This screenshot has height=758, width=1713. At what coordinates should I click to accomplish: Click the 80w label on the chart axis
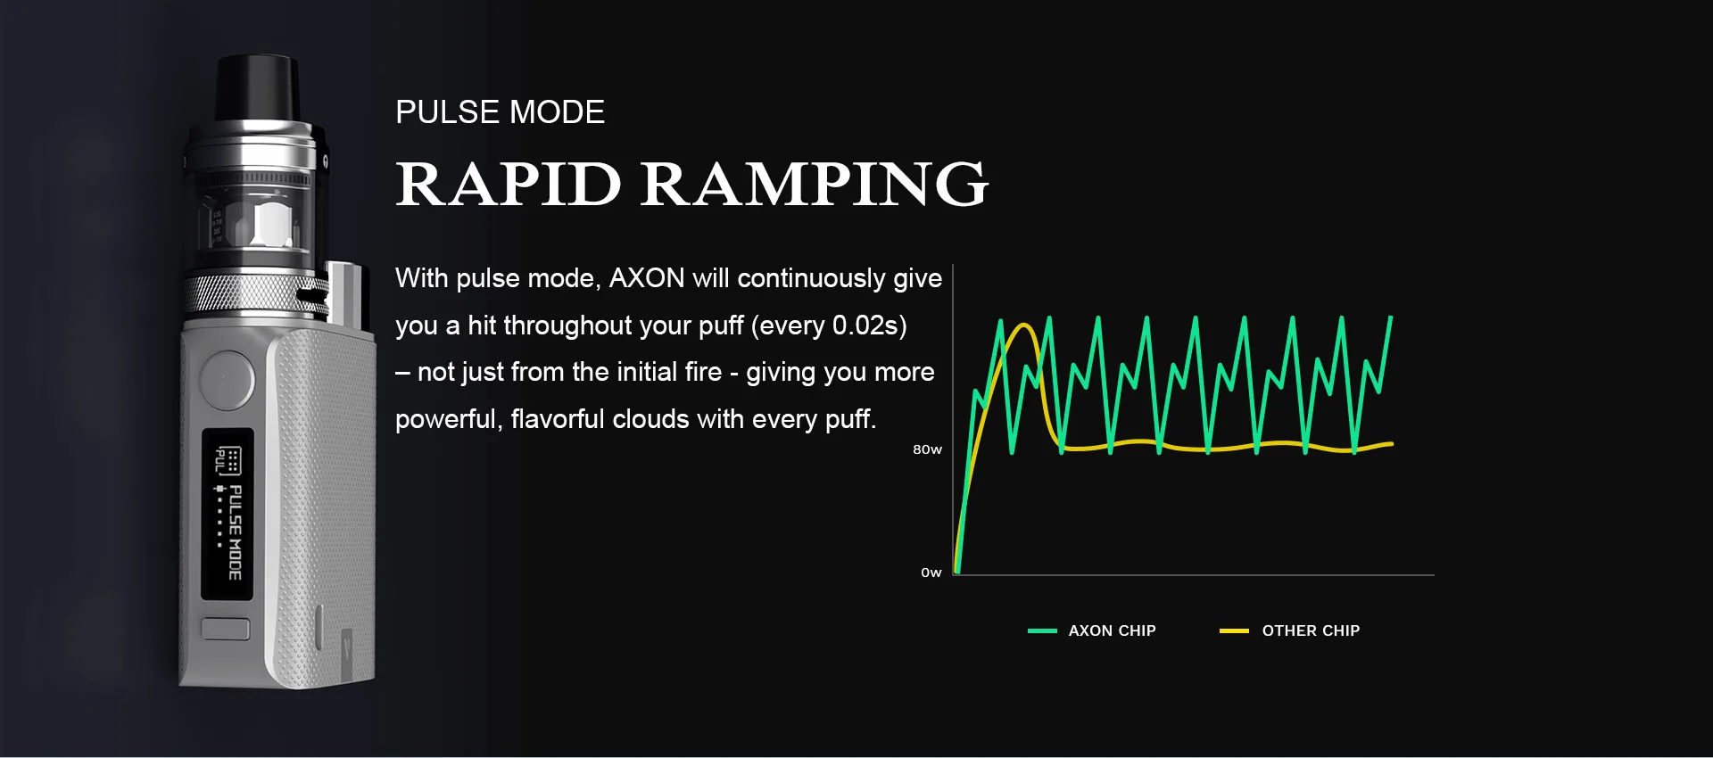927,449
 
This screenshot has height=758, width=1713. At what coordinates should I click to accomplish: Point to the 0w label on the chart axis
931,573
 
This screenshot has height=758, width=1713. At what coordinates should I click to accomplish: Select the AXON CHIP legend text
1112,630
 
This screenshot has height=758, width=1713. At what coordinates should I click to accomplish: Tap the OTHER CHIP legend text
1311,630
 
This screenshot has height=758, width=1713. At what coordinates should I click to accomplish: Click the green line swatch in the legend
1042,630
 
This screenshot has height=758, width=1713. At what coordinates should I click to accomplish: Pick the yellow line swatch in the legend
1234,630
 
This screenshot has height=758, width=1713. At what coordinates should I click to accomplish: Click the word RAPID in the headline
508,184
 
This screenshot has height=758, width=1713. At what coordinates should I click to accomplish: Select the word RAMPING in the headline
815,184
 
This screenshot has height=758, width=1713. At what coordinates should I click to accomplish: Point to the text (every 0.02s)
829,325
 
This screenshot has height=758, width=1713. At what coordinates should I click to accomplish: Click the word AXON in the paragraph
647,278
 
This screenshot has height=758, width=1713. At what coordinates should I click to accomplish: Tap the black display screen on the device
228,515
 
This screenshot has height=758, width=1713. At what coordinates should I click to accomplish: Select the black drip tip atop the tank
257,87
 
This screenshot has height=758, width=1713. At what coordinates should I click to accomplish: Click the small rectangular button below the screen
226,629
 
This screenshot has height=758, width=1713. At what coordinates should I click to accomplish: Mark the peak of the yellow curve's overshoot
1025,325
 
